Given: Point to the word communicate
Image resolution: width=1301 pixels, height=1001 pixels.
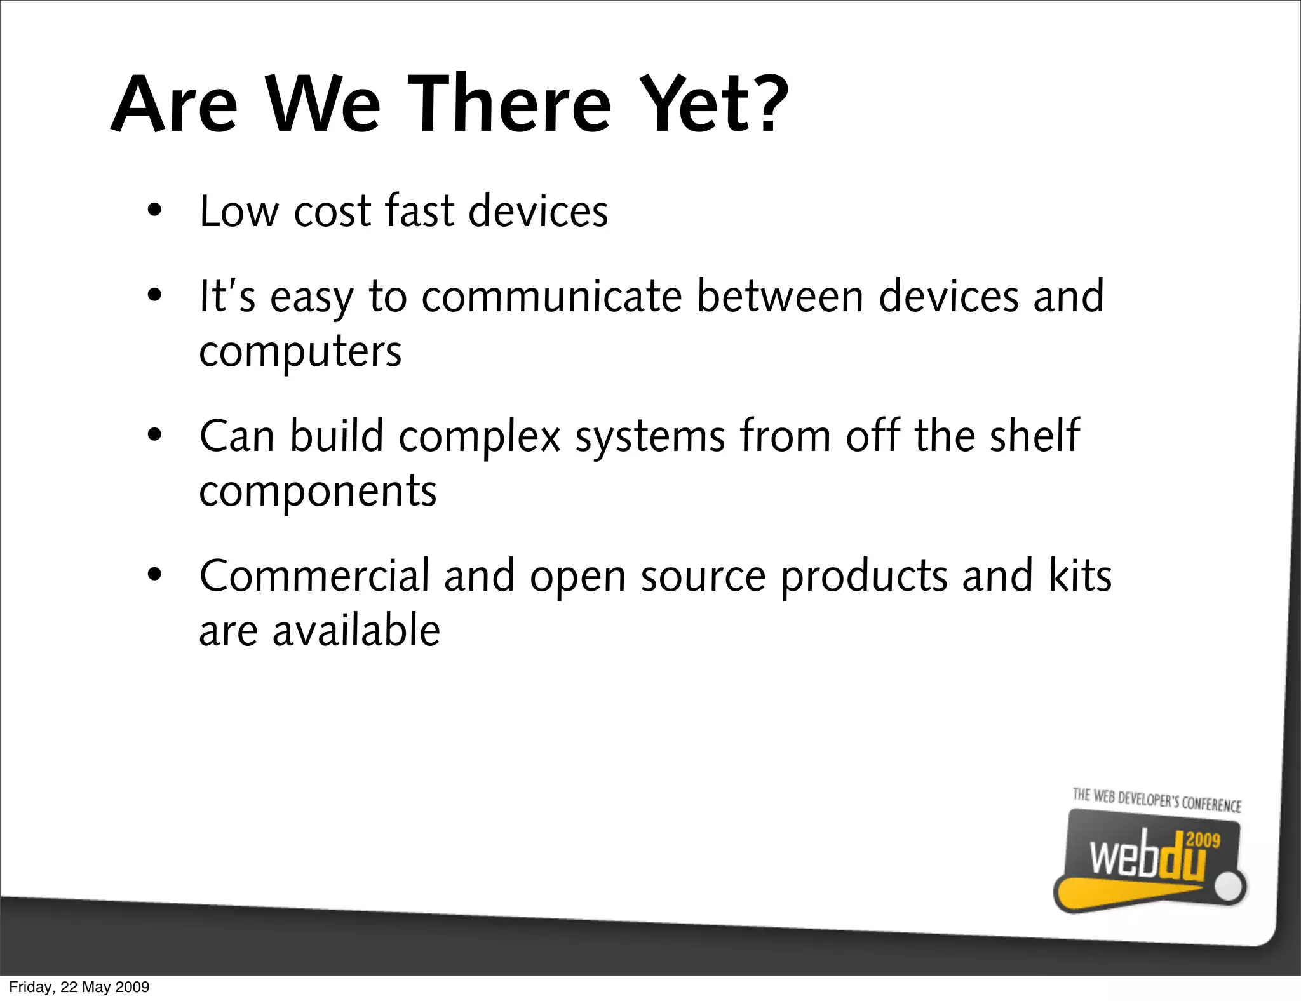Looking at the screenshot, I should tap(551, 297).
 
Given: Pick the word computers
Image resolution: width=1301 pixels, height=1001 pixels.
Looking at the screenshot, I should tap(300, 352).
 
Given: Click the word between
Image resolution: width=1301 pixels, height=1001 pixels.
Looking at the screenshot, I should tap(780, 297).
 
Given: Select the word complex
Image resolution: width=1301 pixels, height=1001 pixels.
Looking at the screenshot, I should tap(480, 438).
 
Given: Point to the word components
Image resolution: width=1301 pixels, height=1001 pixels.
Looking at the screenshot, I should tap(318, 493).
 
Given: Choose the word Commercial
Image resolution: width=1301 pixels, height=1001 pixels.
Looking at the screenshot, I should tap(314, 575).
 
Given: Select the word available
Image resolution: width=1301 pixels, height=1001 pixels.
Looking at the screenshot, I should tap(356, 631).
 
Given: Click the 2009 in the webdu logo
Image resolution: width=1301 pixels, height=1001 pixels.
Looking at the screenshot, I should tap(1203, 840).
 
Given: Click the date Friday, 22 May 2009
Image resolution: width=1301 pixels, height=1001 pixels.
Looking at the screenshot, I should tap(79, 987).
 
